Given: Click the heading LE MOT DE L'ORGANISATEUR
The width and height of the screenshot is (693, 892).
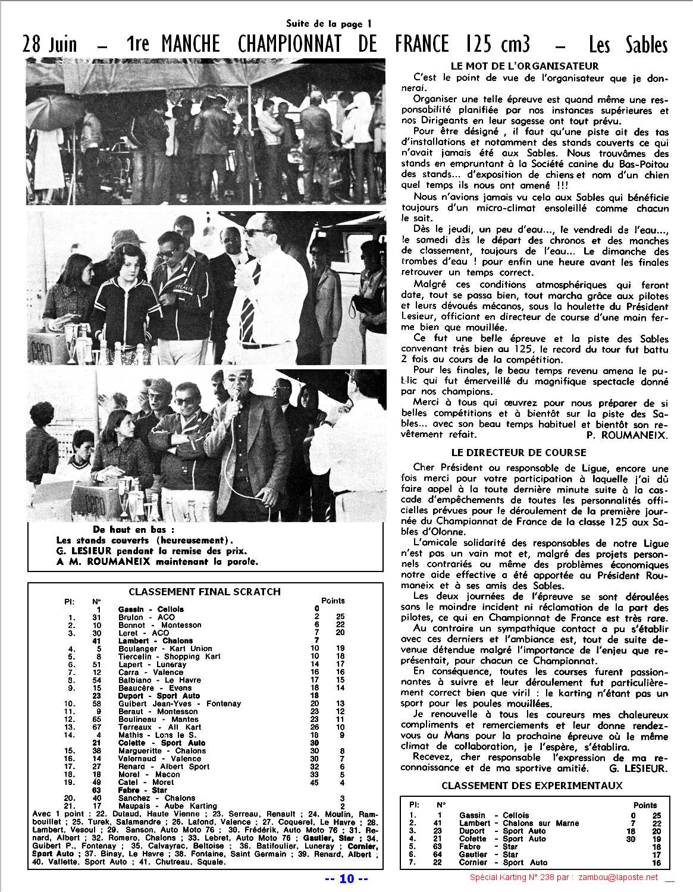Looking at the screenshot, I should [x=524, y=66].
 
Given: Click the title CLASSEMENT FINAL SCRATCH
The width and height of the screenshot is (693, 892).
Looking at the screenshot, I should [x=205, y=592].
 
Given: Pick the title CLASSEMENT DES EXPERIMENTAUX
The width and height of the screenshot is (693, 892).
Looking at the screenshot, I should [x=532, y=786].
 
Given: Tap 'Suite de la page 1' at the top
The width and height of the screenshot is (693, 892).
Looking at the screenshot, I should [x=328, y=24].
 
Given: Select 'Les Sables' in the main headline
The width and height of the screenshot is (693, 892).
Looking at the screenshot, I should [x=628, y=45].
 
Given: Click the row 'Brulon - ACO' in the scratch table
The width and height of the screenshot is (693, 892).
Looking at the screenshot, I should [x=146, y=617].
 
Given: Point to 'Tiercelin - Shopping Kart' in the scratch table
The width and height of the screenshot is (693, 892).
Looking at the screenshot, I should [x=169, y=657].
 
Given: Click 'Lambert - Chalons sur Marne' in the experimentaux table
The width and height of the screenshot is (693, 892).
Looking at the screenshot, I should [x=519, y=823].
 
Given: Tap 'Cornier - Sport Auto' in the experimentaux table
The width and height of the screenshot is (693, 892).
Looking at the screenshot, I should [x=502, y=862].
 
